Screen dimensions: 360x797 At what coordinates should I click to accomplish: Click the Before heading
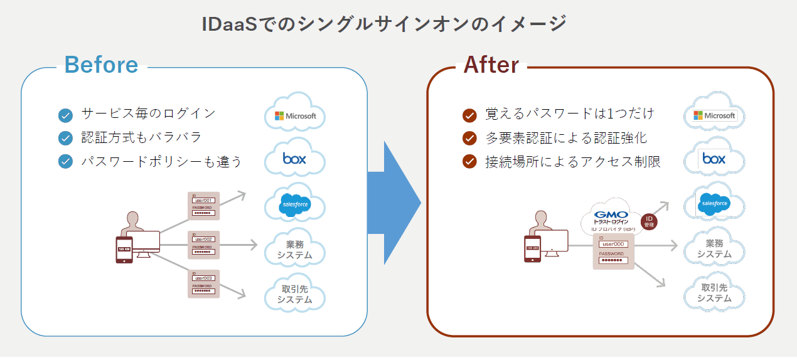(101, 65)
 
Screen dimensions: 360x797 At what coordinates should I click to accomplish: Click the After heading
(491, 65)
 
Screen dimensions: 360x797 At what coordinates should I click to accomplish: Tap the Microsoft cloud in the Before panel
(295, 115)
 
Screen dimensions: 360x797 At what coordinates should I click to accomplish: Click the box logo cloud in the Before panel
(295, 159)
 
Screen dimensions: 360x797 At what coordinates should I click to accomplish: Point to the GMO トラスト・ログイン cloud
(612, 219)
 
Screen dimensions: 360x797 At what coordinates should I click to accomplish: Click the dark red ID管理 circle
(649, 221)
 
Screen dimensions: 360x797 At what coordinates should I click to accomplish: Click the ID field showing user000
(612, 244)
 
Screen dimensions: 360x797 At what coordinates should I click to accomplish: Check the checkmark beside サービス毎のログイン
(65, 115)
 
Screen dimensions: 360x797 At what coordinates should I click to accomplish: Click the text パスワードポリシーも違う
(161, 162)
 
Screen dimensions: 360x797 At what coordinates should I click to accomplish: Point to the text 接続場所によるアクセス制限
(572, 162)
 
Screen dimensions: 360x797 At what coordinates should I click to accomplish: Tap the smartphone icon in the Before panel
(124, 250)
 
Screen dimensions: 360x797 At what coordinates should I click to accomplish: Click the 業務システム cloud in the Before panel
(295, 250)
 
